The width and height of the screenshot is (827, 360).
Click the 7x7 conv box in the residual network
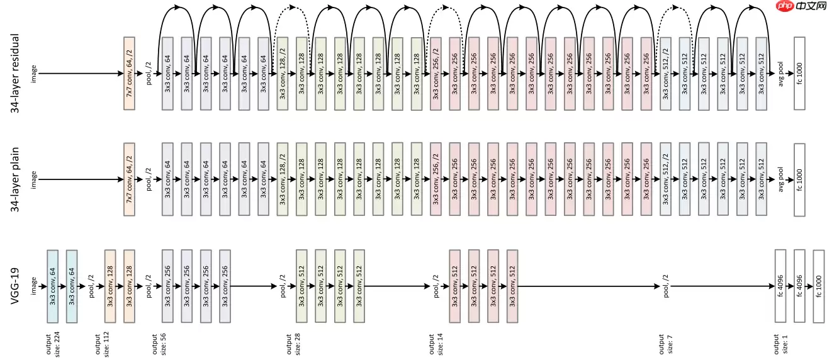(130, 74)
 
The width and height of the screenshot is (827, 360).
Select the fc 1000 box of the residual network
(799, 74)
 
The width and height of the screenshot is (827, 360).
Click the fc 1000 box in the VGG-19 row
(818, 286)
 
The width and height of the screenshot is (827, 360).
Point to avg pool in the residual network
(782, 74)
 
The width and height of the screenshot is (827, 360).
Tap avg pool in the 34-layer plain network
(782, 179)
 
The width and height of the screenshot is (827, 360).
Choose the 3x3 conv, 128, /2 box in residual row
(283, 74)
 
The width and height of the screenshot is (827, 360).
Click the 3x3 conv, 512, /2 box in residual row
(665, 74)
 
